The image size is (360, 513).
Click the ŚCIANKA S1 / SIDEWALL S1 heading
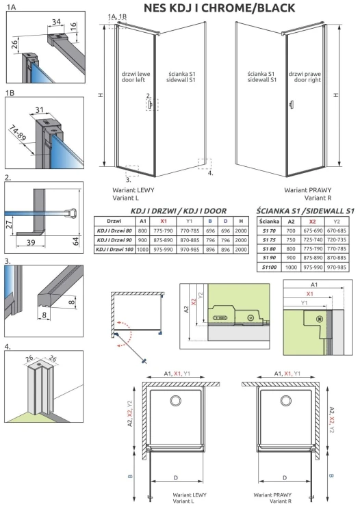pyautogui.click(x=305, y=211)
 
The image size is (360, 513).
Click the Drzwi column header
pyautogui.click(x=114, y=222)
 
